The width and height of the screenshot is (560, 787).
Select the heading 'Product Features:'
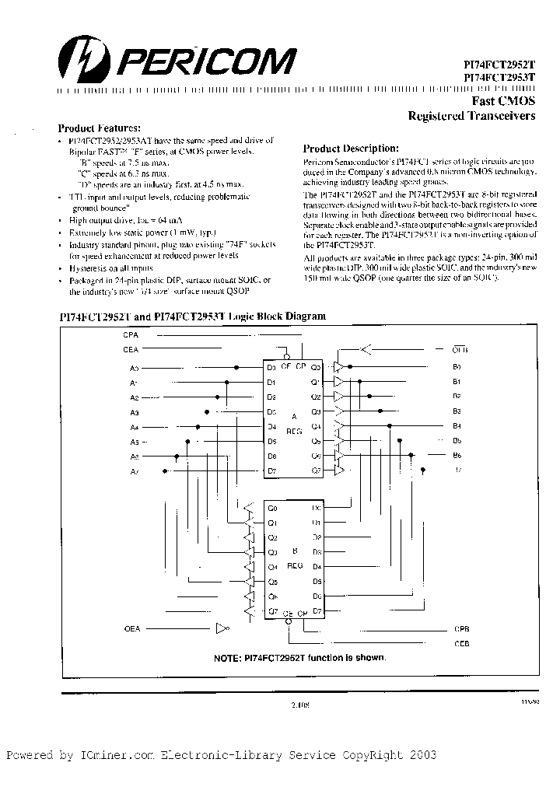tap(100, 128)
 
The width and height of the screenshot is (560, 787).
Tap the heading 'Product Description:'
tap(351, 148)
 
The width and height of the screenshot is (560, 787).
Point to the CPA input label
tap(131, 334)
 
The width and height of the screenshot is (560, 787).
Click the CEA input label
tap(131, 350)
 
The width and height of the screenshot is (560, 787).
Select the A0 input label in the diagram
tap(134, 367)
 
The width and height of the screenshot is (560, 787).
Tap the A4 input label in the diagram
tap(134, 427)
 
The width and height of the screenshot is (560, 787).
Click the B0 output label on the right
tap(457, 366)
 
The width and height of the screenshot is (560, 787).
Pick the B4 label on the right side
tap(457, 425)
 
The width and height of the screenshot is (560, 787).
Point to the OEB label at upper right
tap(460, 349)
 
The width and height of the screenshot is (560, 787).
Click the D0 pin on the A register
tap(271, 367)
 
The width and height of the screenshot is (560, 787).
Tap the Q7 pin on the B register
tap(272, 611)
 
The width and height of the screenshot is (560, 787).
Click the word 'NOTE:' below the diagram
tap(230, 658)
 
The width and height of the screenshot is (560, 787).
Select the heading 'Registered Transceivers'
tap(472, 117)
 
